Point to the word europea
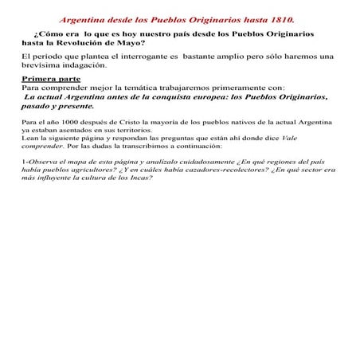click(204, 96)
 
